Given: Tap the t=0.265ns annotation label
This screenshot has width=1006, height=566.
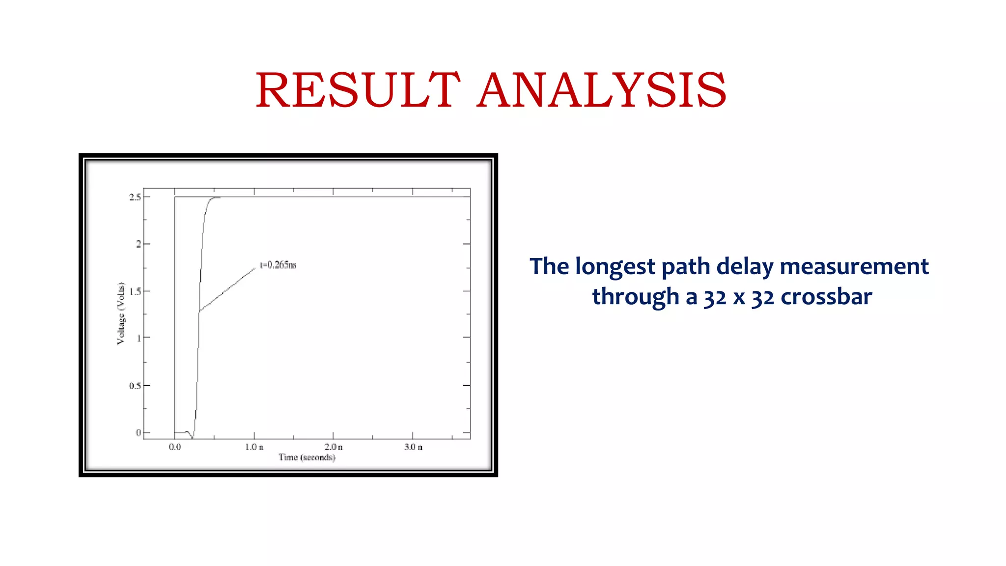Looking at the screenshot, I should click(278, 265).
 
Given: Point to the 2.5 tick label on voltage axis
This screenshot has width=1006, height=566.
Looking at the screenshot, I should click(135, 197).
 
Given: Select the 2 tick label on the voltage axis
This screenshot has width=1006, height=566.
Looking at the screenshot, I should click(139, 244).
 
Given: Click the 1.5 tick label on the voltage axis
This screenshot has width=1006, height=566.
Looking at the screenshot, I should click(135, 291).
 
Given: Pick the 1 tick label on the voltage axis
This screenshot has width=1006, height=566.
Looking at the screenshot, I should click(139, 338).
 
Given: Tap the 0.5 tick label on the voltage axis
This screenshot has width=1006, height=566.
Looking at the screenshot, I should click(135, 386).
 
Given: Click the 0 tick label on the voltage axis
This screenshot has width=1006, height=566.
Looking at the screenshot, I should click(139, 433).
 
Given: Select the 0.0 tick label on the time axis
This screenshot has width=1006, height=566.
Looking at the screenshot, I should click(174, 447).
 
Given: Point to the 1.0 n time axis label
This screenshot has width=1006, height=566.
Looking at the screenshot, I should click(254, 447).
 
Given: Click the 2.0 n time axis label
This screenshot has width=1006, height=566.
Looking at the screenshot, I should click(334, 447).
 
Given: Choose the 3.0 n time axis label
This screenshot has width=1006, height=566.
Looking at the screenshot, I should click(413, 447).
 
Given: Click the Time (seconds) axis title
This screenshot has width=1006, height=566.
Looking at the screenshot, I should click(307, 457).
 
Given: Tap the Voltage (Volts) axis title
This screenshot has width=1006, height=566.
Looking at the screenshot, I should click(121, 313).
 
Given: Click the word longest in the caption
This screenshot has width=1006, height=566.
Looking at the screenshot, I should click(615, 267).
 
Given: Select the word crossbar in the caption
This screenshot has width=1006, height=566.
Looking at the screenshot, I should click(826, 297).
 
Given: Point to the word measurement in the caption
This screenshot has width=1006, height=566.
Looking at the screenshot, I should click(854, 267).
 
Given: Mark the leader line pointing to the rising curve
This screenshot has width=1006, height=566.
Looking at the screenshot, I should click(227, 290).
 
